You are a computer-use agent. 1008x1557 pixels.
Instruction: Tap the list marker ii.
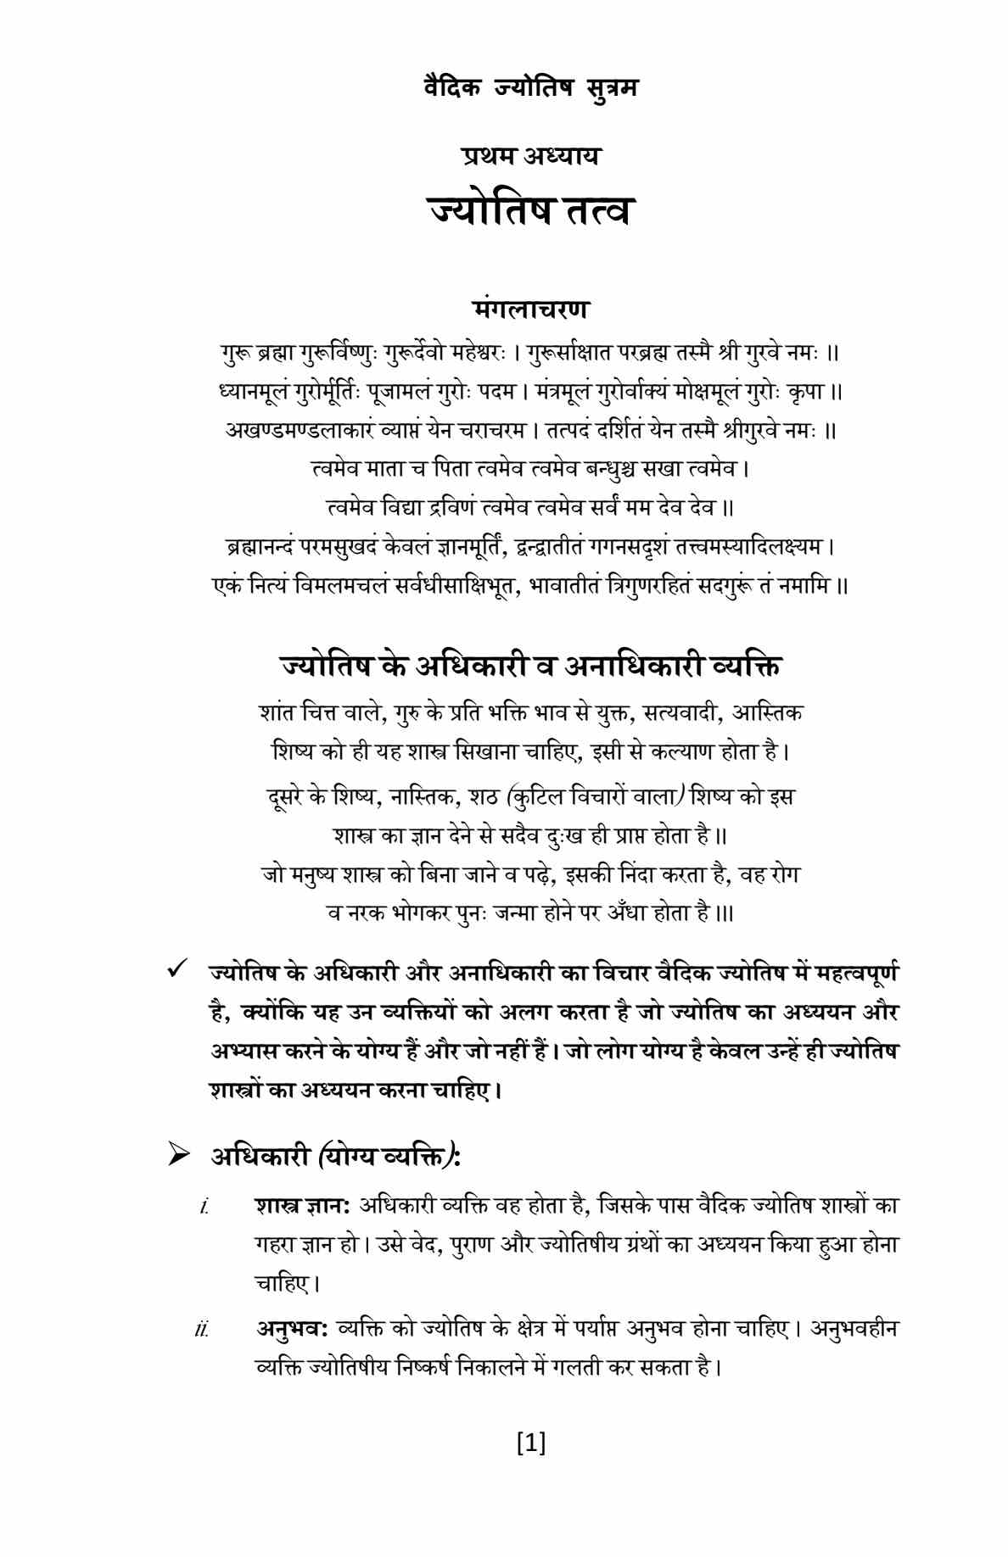pyautogui.click(x=201, y=1329)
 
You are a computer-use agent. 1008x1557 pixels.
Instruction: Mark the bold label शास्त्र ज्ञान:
pyautogui.click(x=303, y=1205)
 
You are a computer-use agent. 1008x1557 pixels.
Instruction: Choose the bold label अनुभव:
pyautogui.click(x=293, y=1328)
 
